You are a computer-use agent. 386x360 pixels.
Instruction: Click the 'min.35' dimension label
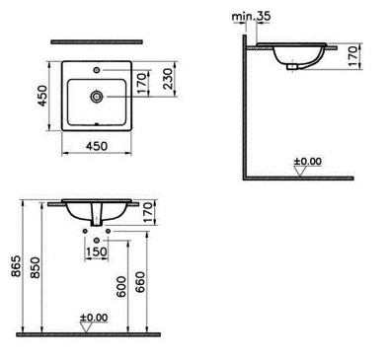(251, 17)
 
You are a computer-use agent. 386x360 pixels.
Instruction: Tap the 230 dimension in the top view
(168, 79)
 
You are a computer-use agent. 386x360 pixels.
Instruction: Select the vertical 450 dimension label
(42, 96)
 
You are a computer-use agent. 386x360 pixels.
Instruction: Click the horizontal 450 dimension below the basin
(97, 146)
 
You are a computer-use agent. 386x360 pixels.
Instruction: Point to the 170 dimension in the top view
(141, 84)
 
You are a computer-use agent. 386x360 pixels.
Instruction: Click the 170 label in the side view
(352, 56)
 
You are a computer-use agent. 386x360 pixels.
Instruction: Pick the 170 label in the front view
(148, 212)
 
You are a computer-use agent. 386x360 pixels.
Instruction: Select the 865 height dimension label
(16, 265)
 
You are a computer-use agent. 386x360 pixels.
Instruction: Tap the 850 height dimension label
(36, 267)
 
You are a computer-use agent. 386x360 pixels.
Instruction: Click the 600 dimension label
(121, 287)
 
